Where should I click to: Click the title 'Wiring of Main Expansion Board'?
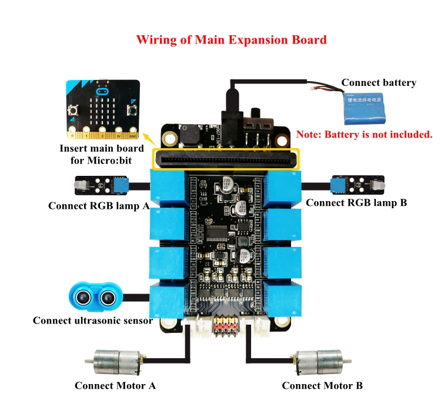tap(231, 40)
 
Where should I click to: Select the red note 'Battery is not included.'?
tap(365, 134)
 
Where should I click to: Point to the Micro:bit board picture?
tap(102, 106)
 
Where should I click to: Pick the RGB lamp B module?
tap(358, 186)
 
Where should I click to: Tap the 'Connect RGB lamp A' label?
tap(98, 206)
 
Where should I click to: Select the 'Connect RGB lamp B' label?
tap(357, 203)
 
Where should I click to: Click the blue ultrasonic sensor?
tap(96, 296)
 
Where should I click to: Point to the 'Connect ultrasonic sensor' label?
tap(93, 321)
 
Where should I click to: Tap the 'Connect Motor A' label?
tap(115, 386)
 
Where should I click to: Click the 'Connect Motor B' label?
tap(322, 386)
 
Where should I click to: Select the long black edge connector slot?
tap(226, 159)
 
